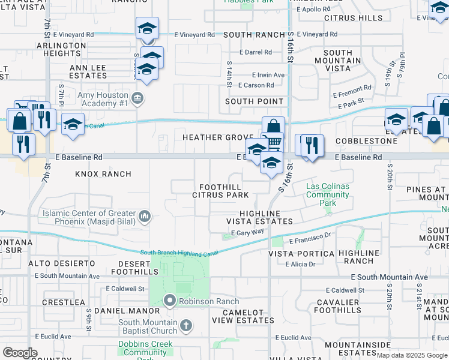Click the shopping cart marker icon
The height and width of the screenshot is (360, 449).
tap(273, 142)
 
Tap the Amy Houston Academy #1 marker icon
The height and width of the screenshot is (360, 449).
tap(137, 98)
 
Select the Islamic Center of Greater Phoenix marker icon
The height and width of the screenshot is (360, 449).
tap(144, 216)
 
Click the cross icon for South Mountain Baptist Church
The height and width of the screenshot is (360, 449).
tap(186, 325)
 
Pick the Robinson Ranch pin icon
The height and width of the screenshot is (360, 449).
tap(170, 301)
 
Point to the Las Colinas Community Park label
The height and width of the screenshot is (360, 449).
tap(327, 194)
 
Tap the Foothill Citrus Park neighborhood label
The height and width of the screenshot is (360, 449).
tap(220, 191)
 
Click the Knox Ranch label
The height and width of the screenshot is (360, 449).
tap(103, 174)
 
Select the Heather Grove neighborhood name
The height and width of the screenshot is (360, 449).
tap(218, 137)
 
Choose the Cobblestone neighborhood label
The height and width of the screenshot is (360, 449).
tap(366, 141)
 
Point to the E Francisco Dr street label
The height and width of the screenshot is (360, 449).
tap(310, 238)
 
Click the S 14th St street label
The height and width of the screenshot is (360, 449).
tap(229, 74)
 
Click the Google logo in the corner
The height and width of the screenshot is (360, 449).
tap(20, 353)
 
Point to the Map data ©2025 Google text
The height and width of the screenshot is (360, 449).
tap(412, 355)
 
